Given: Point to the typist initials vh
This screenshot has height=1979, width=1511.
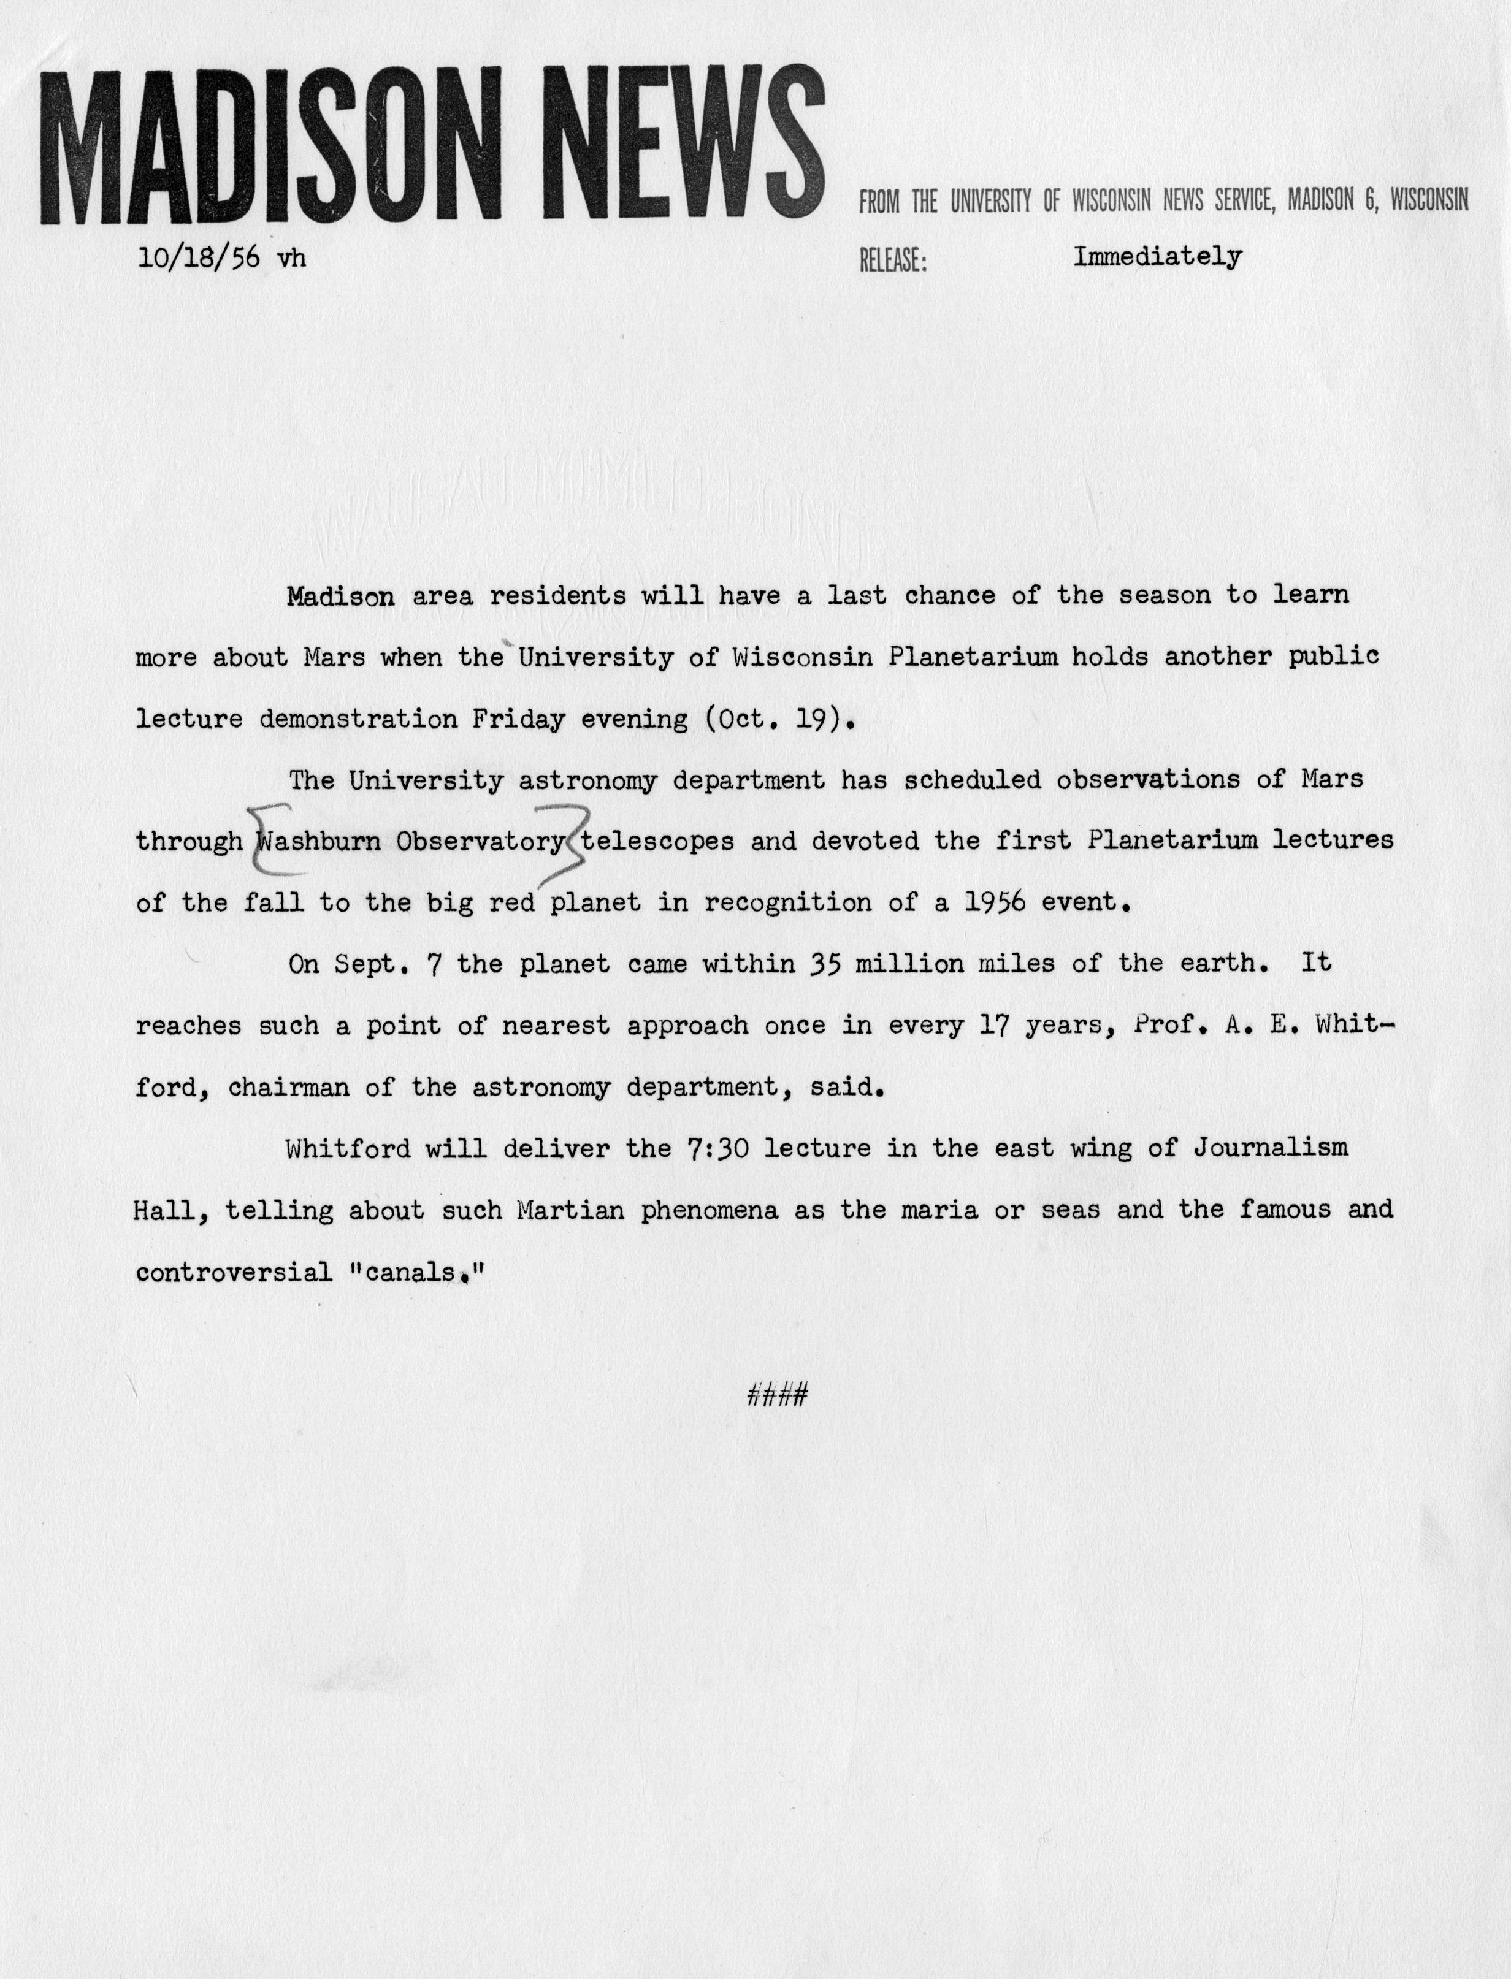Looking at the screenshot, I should [291, 258].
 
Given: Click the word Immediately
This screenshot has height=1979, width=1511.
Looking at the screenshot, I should [1158, 257].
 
